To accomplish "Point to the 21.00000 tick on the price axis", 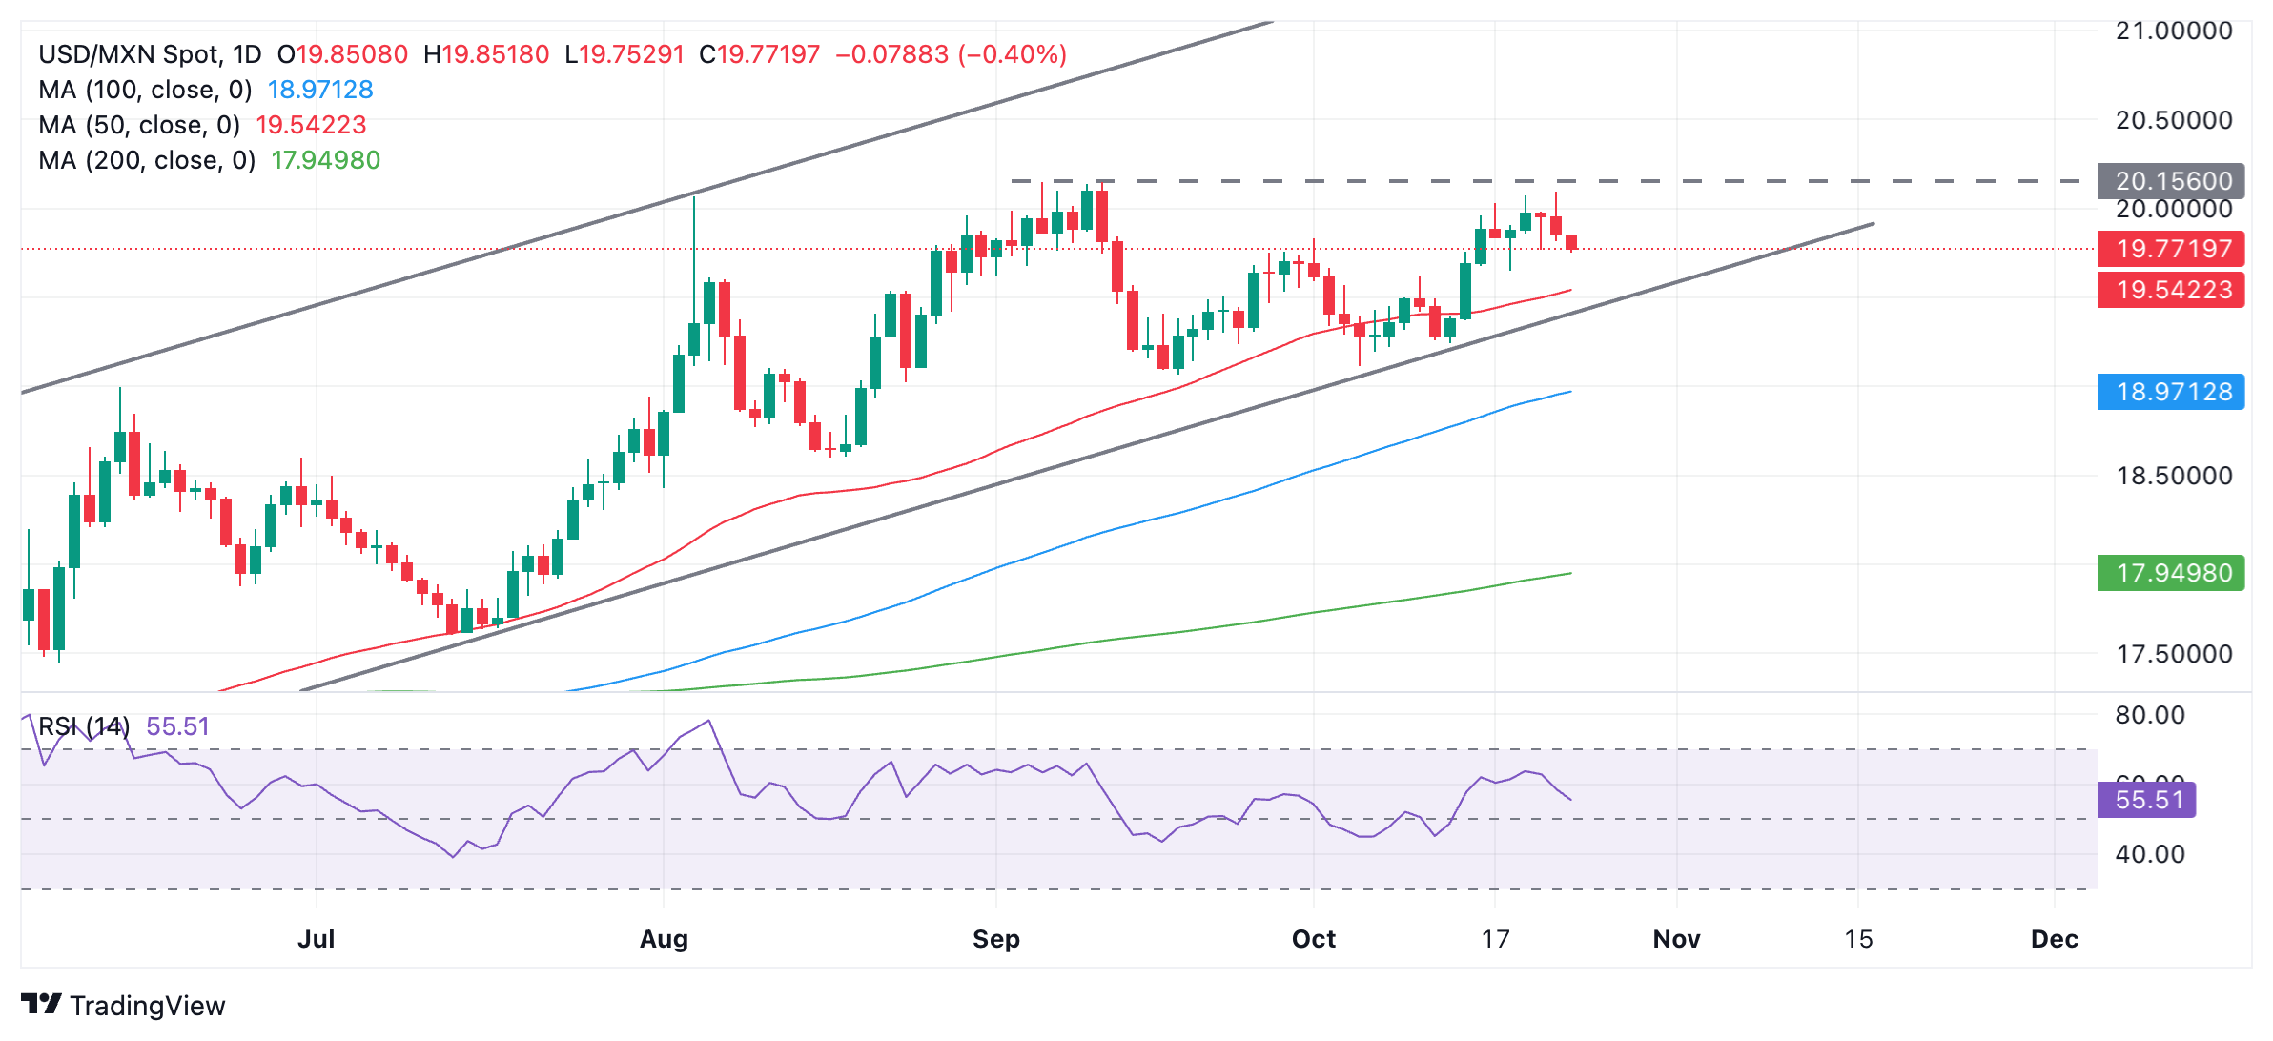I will (x=2173, y=31).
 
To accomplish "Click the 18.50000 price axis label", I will (x=2173, y=476).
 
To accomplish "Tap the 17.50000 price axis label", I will (x=2173, y=654).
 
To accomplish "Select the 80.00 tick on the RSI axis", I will (x=2149, y=715).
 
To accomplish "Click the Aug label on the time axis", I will (x=664, y=939).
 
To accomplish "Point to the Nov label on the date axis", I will (x=1676, y=939).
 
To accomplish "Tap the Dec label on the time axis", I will (x=2054, y=939).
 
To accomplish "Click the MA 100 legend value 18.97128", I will (x=320, y=90).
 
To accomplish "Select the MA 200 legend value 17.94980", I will (x=325, y=160).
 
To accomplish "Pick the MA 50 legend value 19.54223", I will (x=311, y=125).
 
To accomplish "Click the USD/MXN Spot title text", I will (x=150, y=54).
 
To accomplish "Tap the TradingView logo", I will (x=123, y=1006).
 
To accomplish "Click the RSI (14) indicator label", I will (x=84, y=726).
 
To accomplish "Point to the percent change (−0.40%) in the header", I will (x=1013, y=54).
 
